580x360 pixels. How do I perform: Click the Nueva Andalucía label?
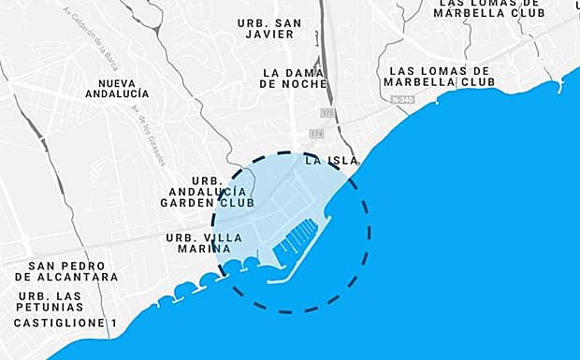pyautogui.click(x=116, y=87)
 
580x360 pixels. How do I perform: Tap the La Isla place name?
pyautogui.click(x=331, y=160)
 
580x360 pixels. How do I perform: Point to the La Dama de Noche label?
pyautogui.click(x=295, y=78)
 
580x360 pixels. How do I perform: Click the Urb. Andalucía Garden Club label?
pyautogui.click(x=207, y=191)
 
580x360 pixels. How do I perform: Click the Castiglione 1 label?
pyautogui.click(x=65, y=324)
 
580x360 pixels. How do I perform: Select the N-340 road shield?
pyautogui.click(x=403, y=99)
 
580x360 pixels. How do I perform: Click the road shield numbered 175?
pyautogui.click(x=326, y=111)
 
